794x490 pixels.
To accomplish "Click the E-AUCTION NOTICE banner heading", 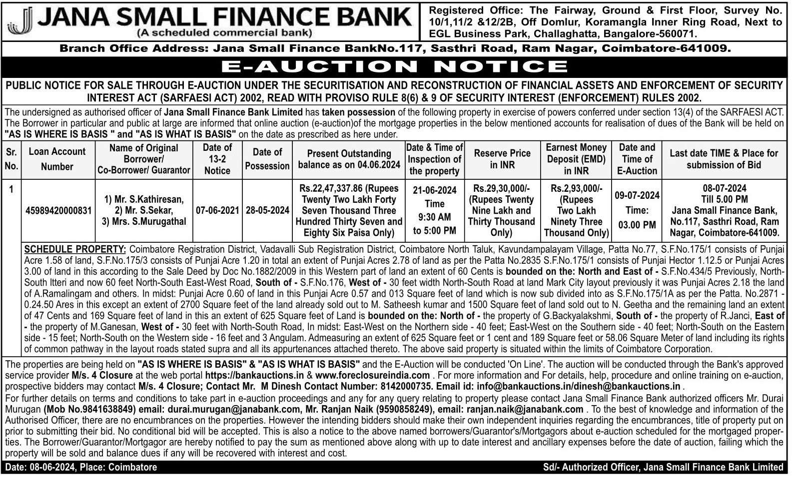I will [394, 66].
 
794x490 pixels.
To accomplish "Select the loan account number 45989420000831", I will [58, 211].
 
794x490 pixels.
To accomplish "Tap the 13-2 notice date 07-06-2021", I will [217, 211].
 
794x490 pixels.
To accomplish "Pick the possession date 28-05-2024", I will [267, 211].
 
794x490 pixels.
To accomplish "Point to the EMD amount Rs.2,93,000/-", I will [576, 188].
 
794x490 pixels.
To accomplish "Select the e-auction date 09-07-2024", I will [637, 195].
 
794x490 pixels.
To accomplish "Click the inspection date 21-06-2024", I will [434, 190].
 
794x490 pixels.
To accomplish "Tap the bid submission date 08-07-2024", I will [724, 188].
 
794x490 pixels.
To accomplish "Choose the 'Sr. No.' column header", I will [11, 159].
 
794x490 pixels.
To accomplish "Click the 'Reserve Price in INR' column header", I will [502, 159].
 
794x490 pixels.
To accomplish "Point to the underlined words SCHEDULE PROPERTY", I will [75, 249].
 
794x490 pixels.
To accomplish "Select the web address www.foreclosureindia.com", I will [372, 375].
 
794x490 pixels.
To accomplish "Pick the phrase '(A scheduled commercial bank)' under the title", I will [224, 33].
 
